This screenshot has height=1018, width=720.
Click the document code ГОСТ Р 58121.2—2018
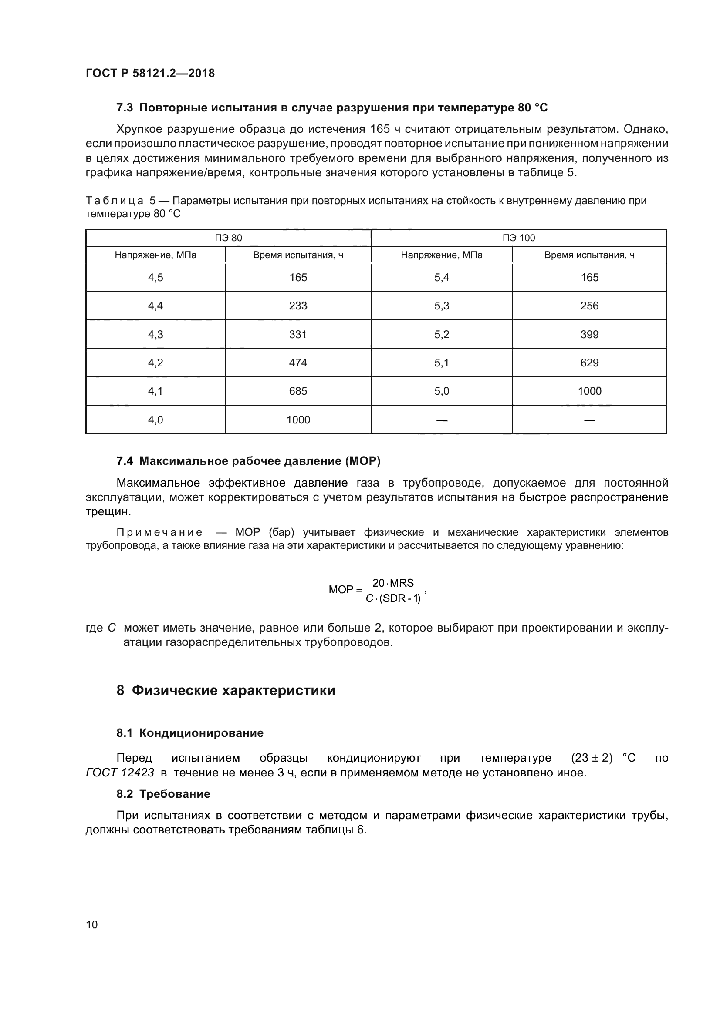pos(150,73)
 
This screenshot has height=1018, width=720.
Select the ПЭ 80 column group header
pos(229,238)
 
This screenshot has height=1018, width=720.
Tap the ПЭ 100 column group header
pos(519,238)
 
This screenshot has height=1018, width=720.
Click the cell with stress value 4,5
pos(155,278)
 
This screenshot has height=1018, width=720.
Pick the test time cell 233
pos(297,306)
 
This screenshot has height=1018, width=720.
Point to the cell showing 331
pos(297,334)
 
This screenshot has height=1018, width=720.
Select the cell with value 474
pos(297,363)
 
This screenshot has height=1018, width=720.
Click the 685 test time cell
pos(297,391)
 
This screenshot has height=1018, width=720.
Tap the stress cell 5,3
pos(441,306)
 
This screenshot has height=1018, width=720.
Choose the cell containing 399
pos(589,334)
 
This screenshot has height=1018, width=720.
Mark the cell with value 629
pos(589,363)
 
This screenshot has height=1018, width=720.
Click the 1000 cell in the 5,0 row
pos(589,391)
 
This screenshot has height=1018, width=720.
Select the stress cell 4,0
pos(155,420)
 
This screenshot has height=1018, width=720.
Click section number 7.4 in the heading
pos(125,461)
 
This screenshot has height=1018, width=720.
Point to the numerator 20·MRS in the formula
pos(392,583)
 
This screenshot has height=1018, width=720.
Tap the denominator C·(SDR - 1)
pos(392,598)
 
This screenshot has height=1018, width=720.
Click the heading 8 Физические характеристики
pos(226,690)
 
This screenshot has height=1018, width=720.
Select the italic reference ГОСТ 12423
pos(120,773)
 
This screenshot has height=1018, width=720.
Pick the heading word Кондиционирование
pos(201,733)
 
